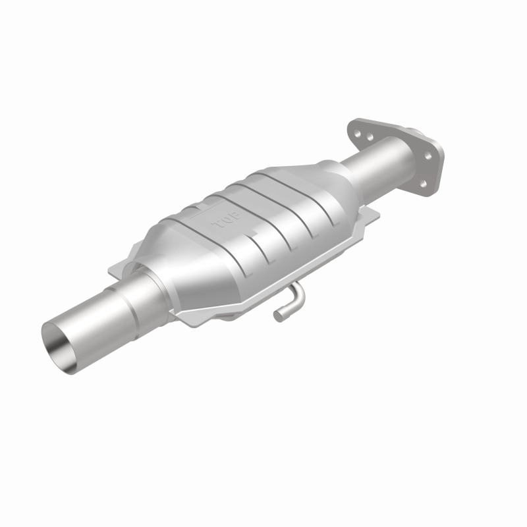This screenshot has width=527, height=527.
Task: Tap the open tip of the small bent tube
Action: point(279,316)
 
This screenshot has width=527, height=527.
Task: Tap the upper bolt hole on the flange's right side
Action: point(428,157)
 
